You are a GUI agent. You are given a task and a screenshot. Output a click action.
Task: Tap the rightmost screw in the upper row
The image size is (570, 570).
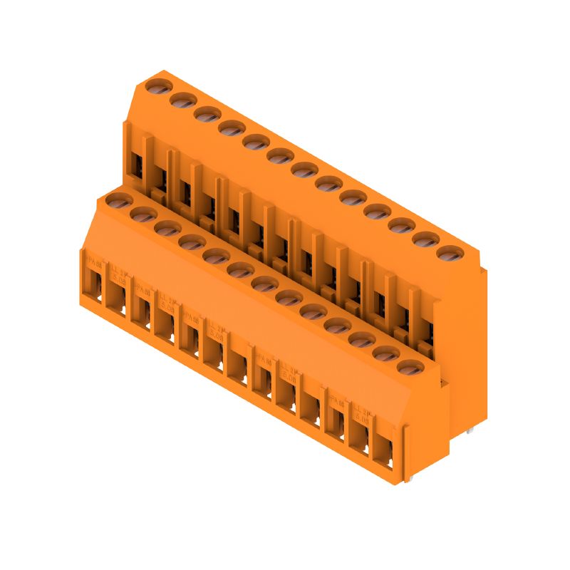coord(449,253)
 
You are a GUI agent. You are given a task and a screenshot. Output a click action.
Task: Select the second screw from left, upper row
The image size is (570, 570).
coord(182,100)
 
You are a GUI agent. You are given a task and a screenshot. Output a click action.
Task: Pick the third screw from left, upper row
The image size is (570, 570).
coord(207,114)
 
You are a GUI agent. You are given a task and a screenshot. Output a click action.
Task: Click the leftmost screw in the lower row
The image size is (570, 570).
coord(119,200)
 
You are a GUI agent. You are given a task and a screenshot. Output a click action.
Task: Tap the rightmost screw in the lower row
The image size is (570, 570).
coord(408,368)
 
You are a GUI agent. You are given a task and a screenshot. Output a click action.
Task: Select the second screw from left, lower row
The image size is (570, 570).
coord(143,214)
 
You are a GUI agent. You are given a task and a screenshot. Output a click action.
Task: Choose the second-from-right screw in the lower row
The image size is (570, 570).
coord(384,353)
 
